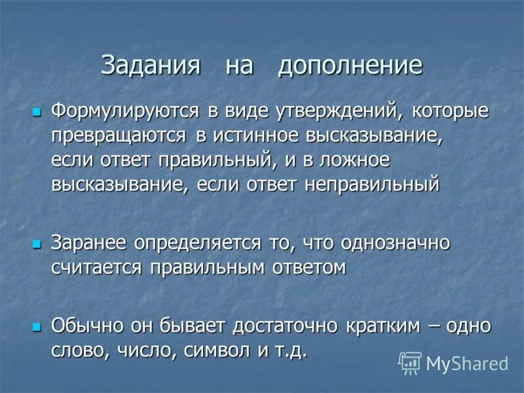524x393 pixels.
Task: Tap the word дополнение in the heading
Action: coord(349,67)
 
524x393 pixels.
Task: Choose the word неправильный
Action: coord(371,185)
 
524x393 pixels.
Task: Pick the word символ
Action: coord(219,350)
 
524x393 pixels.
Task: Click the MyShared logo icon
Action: coord(410,363)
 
